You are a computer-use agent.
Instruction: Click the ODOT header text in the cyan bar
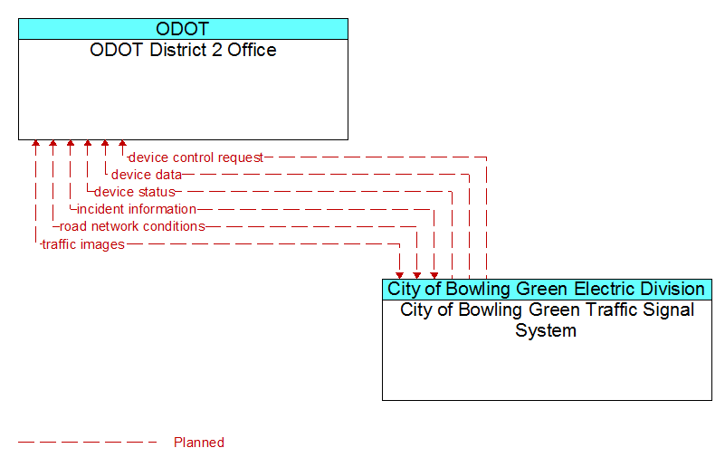point(183,29)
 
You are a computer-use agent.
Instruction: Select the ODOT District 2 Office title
point(183,50)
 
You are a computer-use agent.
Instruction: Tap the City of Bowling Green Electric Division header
point(546,289)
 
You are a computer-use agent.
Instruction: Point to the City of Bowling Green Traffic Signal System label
point(547,320)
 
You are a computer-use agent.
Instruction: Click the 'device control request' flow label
point(196,157)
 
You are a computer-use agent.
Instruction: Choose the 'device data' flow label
point(147,175)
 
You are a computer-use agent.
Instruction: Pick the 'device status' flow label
point(135,192)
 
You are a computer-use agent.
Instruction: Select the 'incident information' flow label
point(137,209)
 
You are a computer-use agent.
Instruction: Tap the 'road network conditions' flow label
point(132,226)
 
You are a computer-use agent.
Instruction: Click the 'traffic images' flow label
point(83,244)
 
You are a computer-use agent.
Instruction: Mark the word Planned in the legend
point(199,443)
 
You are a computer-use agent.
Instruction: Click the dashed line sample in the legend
point(88,443)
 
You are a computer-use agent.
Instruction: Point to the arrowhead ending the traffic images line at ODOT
point(35,143)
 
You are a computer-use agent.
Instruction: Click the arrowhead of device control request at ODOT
point(122,143)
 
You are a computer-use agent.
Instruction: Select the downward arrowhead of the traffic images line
point(399,275)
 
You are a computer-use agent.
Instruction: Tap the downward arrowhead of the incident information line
point(434,275)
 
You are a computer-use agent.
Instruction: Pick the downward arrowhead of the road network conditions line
point(417,275)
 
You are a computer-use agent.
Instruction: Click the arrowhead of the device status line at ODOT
point(88,143)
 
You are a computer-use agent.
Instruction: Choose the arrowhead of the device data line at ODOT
point(105,143)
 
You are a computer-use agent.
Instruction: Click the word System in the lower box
point(546,330)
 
